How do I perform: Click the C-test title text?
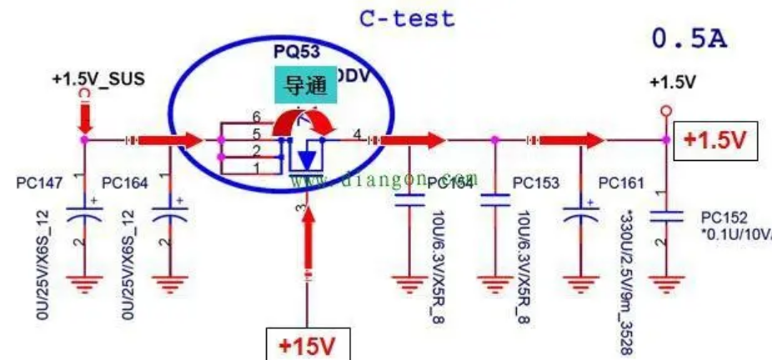pos(407,17)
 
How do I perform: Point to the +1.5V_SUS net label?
pos(98,79)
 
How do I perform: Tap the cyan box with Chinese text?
pos(305,85)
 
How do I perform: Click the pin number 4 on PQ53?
pos(357,132)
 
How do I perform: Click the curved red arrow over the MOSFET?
pos(304,123)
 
